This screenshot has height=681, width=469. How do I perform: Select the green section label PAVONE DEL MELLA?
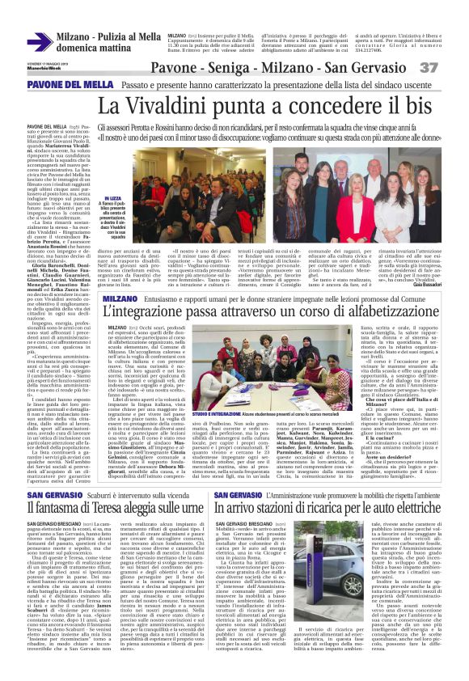[x=61, y=86]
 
